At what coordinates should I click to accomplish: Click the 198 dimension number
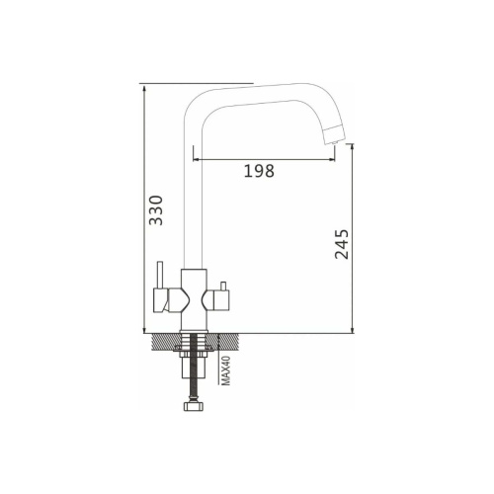259,171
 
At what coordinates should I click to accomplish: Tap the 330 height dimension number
156,210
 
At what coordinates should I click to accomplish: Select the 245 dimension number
342,244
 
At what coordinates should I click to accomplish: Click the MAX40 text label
225,370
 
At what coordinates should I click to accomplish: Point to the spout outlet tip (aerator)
333,134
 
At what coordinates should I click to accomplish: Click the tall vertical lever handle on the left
160,275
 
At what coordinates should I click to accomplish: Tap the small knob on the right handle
223,286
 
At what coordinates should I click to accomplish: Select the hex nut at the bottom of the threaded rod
194,406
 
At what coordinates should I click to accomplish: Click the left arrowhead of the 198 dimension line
196,160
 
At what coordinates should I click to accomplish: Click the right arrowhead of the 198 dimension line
332,160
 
